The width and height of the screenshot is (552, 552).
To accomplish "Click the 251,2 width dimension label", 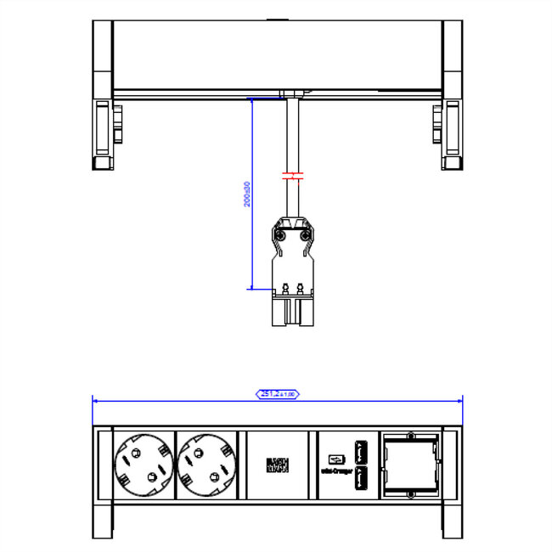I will [278, 394].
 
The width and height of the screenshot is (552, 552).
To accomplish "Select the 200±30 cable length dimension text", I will [247, 194].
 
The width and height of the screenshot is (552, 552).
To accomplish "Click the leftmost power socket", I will [139, 465].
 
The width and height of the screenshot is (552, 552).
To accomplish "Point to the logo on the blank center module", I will [279, 465].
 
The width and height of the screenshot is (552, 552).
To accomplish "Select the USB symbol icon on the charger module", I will [331, 451].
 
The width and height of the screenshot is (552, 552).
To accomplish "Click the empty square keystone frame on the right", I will [412, 465].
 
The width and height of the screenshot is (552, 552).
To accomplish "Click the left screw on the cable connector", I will [280, 235].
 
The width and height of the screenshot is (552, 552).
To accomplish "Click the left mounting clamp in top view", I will [105, 132].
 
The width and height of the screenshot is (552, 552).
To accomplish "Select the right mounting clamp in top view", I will [448, 132].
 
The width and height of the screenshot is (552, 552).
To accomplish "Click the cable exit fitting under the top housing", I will [293, 97].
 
